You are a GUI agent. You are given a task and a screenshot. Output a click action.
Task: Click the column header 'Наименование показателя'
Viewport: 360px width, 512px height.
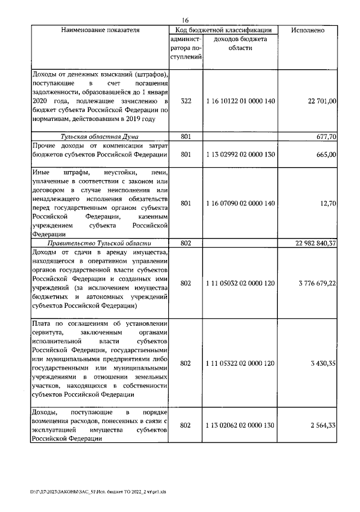(x=100, y=30)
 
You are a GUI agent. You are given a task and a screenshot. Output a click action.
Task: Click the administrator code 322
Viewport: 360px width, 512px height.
(x=186, y=101)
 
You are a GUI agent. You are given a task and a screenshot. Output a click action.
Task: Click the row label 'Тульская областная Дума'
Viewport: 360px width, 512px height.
(x=100, y=136)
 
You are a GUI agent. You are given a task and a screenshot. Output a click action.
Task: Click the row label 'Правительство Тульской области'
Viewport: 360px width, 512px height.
(x=100, y=243)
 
